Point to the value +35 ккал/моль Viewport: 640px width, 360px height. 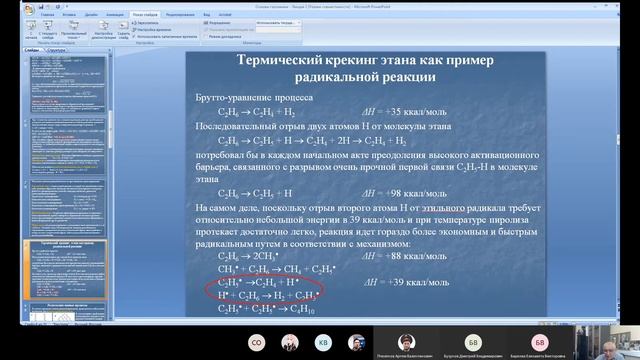395,115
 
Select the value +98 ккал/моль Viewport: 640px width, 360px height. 395,191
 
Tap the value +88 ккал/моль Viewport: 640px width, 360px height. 394,256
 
